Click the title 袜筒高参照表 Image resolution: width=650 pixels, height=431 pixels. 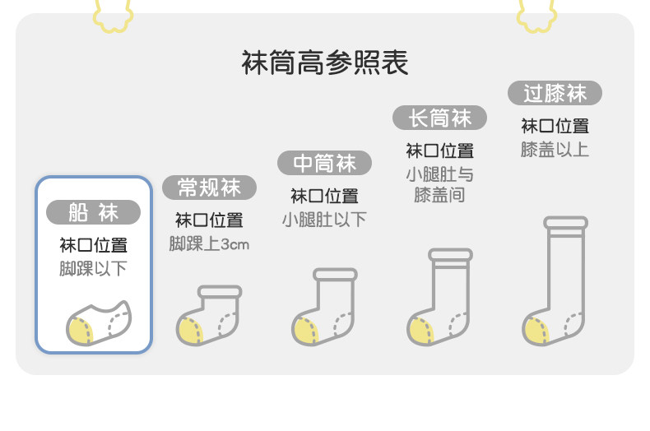(325, 63)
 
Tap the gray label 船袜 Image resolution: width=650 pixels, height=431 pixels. (93, 212)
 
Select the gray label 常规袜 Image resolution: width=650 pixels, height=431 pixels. (209, 188)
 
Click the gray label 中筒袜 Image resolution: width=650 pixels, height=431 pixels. (324, 163)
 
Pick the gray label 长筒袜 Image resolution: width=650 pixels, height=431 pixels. (439, 118)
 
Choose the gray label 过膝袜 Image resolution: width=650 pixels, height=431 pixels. (555, 93)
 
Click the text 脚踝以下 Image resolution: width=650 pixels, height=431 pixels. (93, 269)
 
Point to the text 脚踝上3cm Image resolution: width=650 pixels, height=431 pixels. (209, 244)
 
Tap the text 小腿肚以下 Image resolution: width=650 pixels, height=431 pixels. (324, 220)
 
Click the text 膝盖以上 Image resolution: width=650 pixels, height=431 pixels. (555, 150)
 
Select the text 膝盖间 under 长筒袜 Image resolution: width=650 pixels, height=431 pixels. (439, 195)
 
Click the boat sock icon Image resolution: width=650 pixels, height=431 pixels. (98, 322)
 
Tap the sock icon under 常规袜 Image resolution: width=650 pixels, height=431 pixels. (210, 315)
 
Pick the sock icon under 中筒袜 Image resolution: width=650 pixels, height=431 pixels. (325, 307)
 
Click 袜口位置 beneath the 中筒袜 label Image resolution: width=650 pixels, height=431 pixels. (324, 196)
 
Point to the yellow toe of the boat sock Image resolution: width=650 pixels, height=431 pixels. (80, 331)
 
